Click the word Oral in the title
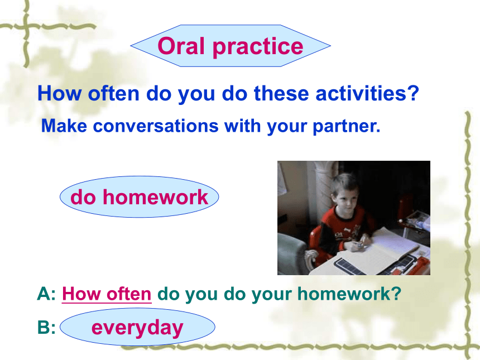click(181, 46)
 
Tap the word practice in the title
click(258, 47)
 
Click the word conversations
click(156, 126)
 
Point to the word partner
click(346, 127)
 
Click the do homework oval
click(140, 197)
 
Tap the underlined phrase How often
click(107, 294)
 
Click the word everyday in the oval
click(137, 328)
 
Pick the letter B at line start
click(43, 327)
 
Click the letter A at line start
click(43, 294)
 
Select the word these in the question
click(281, 93)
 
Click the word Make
click(64, 126)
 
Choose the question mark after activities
click(415, 93)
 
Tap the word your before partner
click(286, 127)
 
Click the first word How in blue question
click(59, 93)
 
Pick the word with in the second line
click(242, 126)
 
